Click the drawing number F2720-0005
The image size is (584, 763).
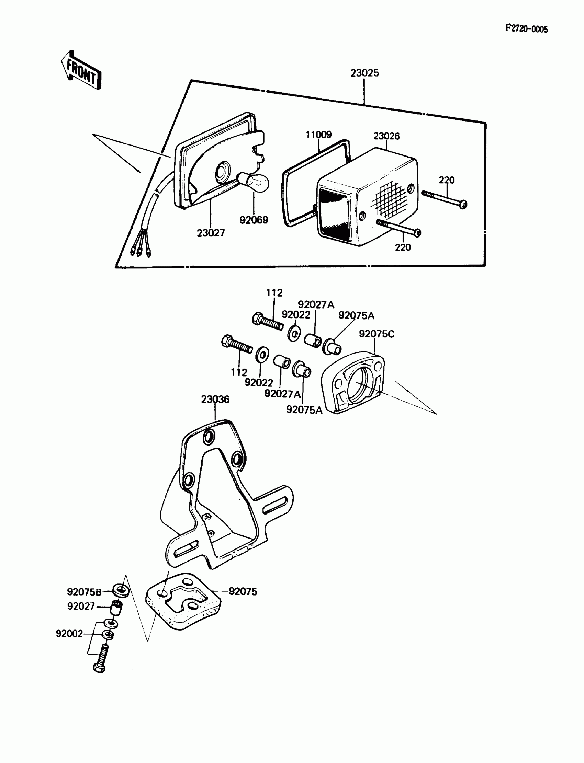click(x=526, y=29)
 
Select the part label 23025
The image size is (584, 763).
click(x=364, y=73)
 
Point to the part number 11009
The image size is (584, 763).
click(x=318, y=135)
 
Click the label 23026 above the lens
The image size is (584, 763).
click(x=386, y=136)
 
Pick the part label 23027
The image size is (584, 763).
click(x=211, y=233)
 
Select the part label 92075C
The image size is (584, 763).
click(x=377, y=334)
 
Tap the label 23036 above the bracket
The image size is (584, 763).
click(x=215, y=400)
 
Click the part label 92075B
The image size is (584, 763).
click(x=84, y=591)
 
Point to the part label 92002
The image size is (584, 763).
click(x=69, y=634)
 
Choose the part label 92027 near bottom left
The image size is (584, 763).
click(x=81, y=606)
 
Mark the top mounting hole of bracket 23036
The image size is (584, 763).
click(x=209, y=437)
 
